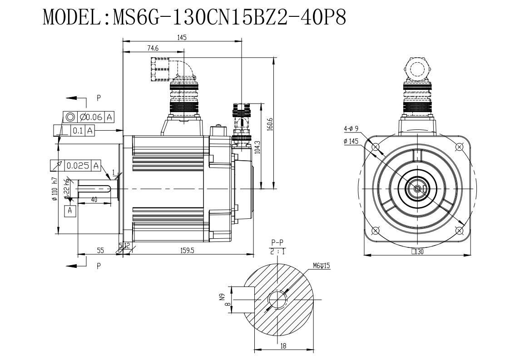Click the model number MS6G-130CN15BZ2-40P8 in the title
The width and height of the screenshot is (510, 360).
pos(229,17)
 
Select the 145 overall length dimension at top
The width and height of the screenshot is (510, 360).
pos(182,37)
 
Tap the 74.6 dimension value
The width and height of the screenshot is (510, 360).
pos(153,48)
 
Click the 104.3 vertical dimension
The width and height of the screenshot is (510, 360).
pos(257,148)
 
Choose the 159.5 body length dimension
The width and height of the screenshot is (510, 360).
pos(188,250)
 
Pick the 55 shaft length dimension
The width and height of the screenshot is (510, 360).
pos(100,250)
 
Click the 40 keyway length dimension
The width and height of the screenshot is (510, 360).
pos(94,200)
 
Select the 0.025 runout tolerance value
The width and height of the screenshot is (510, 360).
pos(78,166)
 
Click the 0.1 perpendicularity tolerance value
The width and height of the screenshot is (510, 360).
pos(77,131)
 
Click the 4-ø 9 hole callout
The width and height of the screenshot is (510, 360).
pos(351,129)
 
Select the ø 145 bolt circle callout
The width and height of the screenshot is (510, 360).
pos(351,141)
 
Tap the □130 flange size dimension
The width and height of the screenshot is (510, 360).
pos(418,252)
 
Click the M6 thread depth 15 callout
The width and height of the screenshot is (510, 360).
pos(322,266)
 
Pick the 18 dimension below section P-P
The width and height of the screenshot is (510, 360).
pos(283,346)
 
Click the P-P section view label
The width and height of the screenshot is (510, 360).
pos(277,242)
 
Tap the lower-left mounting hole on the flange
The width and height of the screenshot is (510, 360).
pos(375,231)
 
